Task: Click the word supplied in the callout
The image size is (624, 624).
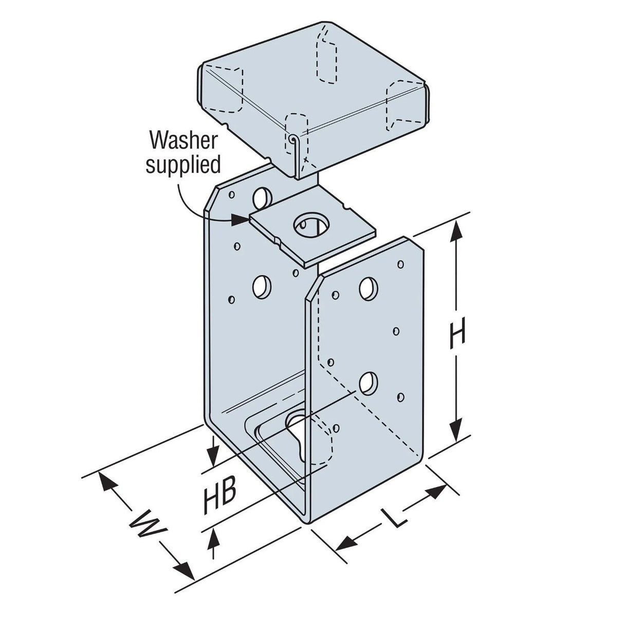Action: pos(183,164)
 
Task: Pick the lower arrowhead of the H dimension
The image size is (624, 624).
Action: pos(454,432)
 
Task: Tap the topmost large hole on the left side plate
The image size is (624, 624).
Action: pos(263,196)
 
